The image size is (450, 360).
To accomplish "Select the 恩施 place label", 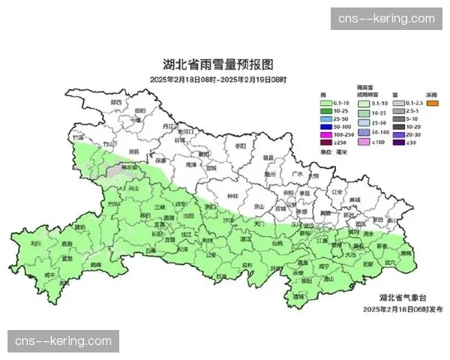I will [67, 244].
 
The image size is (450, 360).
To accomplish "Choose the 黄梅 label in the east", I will [406, 254].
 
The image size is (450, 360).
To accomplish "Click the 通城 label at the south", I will [298, 297].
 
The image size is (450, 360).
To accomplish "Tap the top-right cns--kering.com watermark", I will [386, 18].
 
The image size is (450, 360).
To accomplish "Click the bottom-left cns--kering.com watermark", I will [63, 342].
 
